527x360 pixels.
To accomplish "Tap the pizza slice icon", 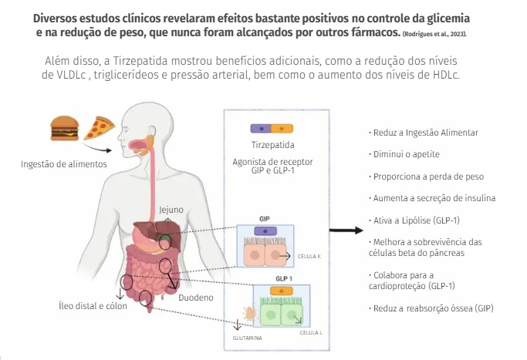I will point(100,126).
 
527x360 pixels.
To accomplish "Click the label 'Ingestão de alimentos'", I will point(64,163).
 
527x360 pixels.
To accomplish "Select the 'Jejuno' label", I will point(171,209).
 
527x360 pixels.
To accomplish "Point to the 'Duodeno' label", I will point(196,295).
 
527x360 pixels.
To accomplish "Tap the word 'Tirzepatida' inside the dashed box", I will point(273,145).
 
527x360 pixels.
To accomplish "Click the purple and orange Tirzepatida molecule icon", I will point(273,128).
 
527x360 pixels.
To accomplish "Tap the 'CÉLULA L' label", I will point(312,333).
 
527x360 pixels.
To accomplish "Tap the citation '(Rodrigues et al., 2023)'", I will point(434,35).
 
